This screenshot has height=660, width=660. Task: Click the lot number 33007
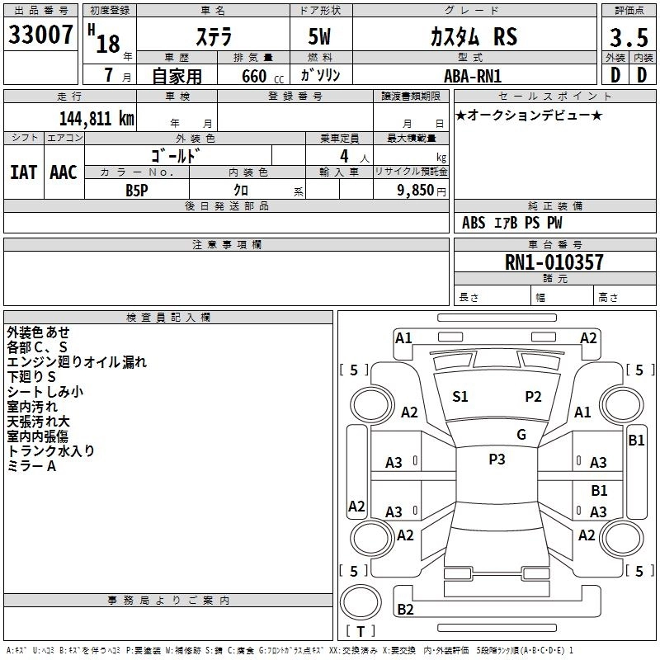40,35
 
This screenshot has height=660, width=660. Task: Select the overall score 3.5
629,37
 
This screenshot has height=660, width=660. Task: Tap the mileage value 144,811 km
97,119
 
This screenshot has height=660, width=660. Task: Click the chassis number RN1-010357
554,262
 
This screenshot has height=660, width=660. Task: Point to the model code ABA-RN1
473,76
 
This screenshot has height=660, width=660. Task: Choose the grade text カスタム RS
474,36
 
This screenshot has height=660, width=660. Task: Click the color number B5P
137,191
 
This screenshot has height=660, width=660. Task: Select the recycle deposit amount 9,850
415,191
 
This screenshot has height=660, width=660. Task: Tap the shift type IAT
24,172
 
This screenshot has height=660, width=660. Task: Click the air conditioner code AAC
64,172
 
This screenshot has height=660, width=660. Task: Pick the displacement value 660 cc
262,77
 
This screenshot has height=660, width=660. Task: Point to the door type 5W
319,36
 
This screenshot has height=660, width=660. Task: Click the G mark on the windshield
521,435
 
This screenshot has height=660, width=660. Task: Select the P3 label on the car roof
497,460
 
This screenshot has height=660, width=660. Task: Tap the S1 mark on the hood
460,397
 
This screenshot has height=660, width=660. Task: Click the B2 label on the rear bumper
405,609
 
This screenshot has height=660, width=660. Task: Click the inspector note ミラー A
31,466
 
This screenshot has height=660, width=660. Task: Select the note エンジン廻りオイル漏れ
77,362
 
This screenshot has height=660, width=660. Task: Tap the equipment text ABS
474,223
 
